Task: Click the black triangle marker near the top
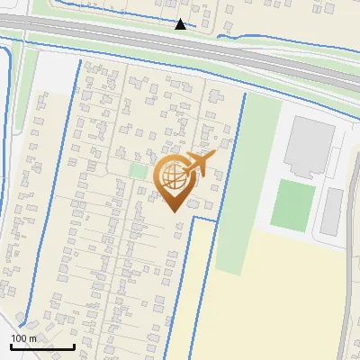point(180,24)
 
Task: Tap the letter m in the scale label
point(32,338)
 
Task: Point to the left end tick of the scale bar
point(11,346)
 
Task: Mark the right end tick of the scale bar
point(74,346)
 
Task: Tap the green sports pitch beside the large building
point(292,205)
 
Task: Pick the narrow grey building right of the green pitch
point(332,209)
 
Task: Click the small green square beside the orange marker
point(138,170)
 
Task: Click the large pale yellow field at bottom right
point(279,297)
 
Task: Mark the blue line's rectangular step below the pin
point(203,219)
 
